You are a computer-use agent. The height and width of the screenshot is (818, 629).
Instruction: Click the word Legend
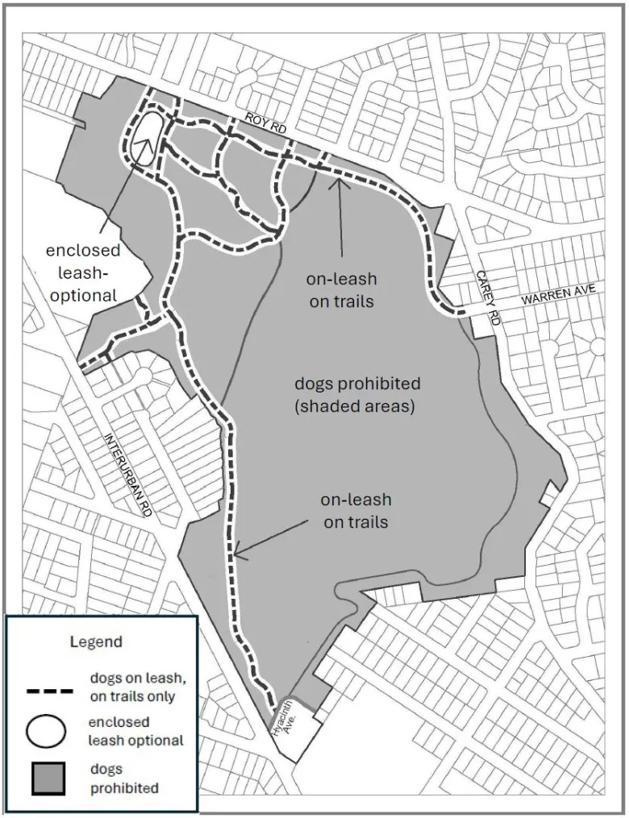pyautogui.click(x=95, y=642)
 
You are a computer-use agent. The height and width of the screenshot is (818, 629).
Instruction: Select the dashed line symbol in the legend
pyautogui.click(x=50, y=690)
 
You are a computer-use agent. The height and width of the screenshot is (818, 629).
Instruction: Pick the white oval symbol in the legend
pyautogui.click(x=47, y=731)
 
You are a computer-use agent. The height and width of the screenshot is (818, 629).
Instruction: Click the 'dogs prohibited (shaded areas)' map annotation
pyautogui.click(x=355, y=394)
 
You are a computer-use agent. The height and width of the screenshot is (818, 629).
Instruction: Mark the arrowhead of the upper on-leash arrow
pyautogui.click(x=339, y=177)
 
